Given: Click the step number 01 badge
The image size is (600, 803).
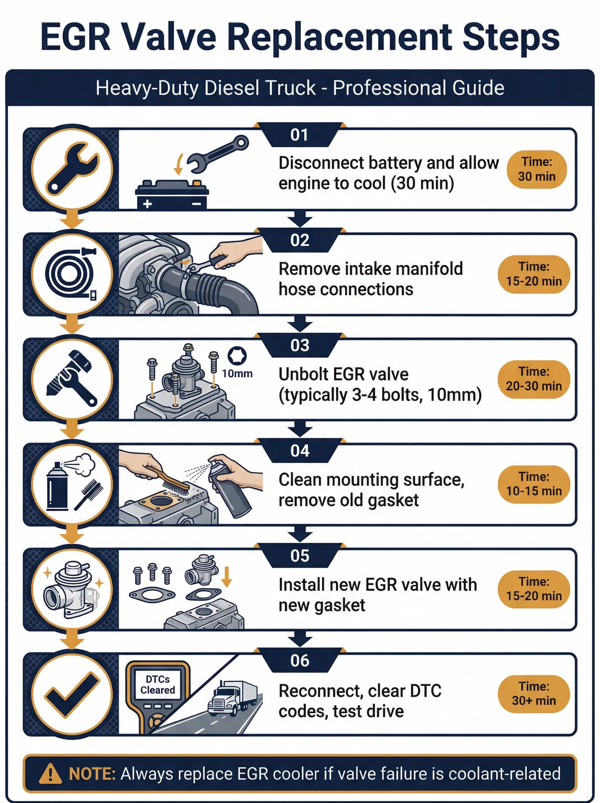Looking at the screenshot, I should point(300,135).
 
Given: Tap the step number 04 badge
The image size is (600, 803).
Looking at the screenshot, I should point(300,451).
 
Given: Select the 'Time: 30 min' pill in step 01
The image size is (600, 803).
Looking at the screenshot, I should point(537,169).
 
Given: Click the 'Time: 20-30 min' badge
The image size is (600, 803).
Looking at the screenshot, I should point(534,379).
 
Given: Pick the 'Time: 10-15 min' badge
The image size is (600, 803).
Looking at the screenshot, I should point(534,484).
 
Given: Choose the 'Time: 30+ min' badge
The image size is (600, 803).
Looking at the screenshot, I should point(534,694).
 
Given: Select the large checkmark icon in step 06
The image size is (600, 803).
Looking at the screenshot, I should point(72,694).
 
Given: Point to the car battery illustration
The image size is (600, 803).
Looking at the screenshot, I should point(172,194).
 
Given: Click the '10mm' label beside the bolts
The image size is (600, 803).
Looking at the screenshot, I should point(237,373).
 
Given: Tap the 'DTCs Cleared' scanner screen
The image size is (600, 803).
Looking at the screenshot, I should point(158,685).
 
